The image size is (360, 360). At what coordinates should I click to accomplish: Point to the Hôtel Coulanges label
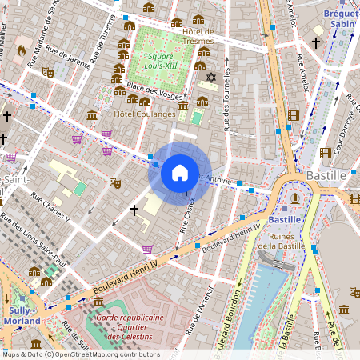click(145, 114)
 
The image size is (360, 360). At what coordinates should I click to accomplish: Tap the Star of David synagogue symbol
click(211, 78)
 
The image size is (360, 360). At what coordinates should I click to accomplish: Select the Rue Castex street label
click(188, 215)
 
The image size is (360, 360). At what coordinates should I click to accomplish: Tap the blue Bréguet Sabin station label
click(341, 19)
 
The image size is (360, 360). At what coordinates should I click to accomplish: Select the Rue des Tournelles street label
click(228, 100)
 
